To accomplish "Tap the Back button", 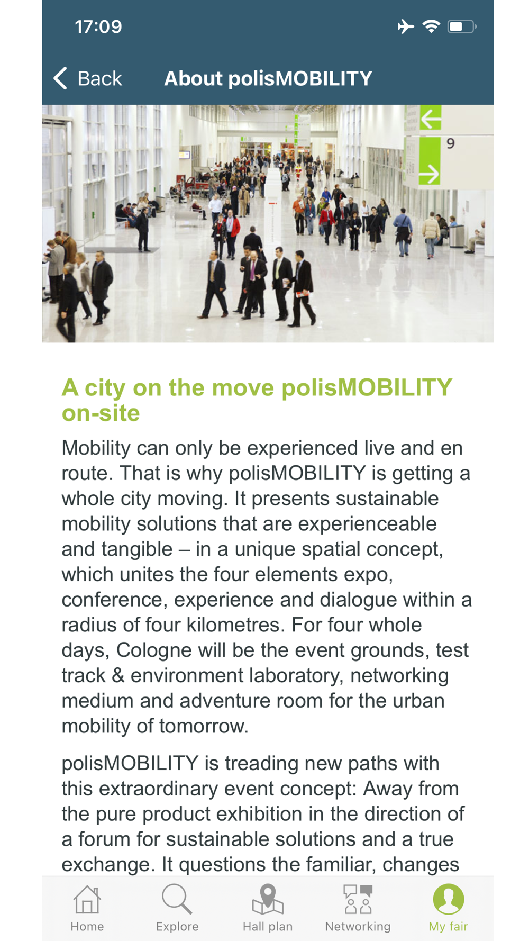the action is tap(88, 78).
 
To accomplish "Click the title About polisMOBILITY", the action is tap(268, 78).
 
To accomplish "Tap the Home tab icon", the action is tap(87, 899).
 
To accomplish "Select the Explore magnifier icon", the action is tap(177, 899).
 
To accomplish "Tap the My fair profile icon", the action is tap(449, 899).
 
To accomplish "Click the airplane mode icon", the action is tap(406, 26).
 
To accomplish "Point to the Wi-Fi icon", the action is tap(432, 26).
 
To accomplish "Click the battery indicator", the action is tap(462, 26).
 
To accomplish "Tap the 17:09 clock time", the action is tap(98, 26).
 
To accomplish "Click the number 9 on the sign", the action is tap(450, 143).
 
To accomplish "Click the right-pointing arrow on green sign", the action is tap(429, 174).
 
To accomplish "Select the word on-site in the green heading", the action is tap(101, 413).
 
